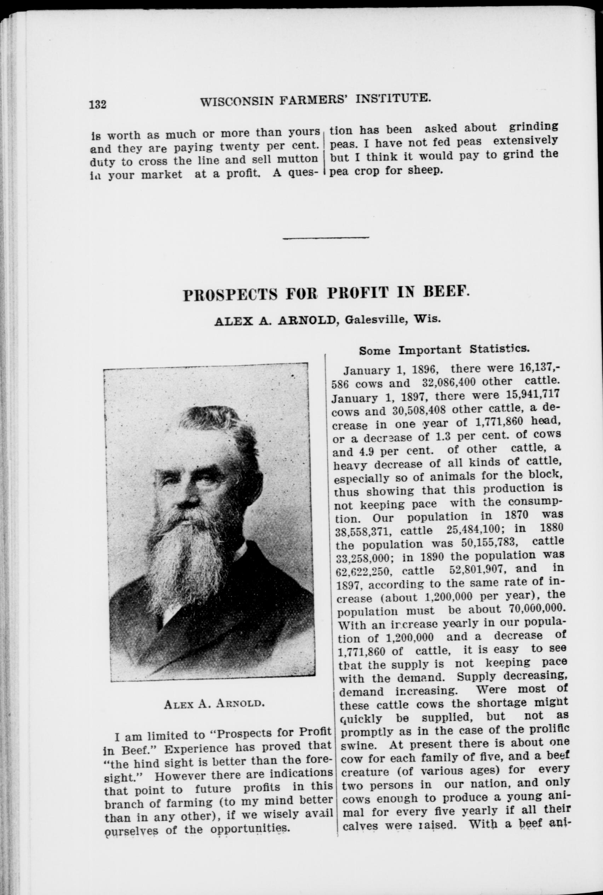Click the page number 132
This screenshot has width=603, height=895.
tap(98, 104)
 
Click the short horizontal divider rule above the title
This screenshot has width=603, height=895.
tap(325, 238)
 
